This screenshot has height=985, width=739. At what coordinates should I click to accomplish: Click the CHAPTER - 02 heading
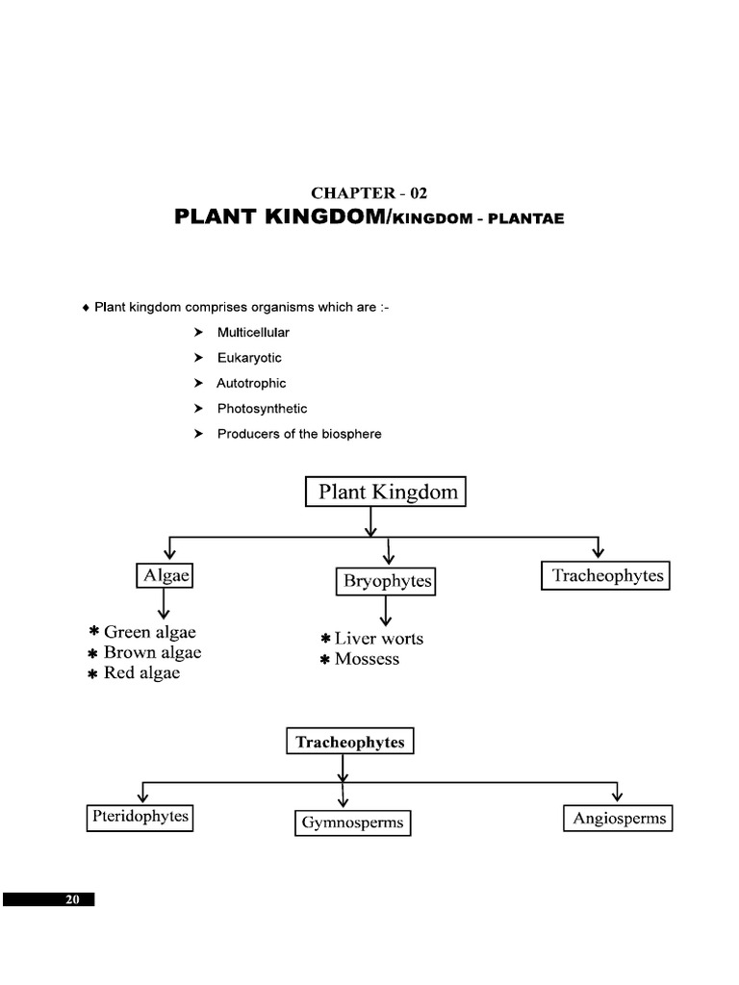click(369, 192)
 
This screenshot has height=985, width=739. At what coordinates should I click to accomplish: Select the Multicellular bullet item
click(253, 332)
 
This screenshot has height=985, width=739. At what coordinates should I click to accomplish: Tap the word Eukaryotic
click(249, 358)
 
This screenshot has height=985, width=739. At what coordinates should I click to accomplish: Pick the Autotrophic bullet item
click(251, 383)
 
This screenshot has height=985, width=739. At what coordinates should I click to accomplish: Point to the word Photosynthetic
click(262, 409)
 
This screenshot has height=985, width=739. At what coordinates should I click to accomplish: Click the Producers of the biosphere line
click(299, 434)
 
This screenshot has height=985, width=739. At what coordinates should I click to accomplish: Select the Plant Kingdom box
click(386, 493)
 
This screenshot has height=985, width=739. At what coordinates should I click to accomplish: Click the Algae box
click(165, 576)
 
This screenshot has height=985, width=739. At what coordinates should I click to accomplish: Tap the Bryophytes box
click(387, 582)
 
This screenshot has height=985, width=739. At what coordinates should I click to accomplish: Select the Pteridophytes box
click(140, 818)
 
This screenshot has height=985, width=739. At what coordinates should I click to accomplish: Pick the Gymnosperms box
click(352, 823)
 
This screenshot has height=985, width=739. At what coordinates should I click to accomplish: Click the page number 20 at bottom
click(71, 899)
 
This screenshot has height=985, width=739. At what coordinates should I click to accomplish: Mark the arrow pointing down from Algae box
click(165, 605)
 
